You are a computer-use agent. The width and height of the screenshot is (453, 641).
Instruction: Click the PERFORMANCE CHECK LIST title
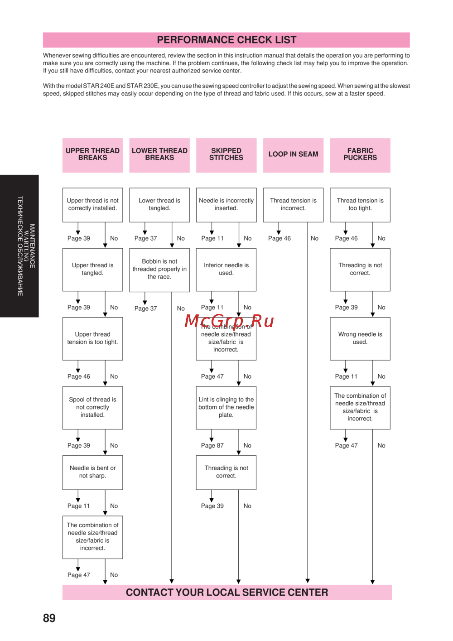tap(226, 40)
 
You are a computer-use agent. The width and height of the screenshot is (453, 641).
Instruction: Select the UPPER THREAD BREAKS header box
tap(92, 155)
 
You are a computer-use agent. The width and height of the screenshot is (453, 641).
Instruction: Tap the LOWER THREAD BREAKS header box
tap(159, 155)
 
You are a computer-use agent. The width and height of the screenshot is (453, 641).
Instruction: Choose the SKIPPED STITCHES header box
tap(226, 155)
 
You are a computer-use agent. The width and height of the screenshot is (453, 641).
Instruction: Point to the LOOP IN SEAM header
tap(293, 155)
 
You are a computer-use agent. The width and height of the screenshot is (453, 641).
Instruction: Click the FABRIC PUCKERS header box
tap(360, 155)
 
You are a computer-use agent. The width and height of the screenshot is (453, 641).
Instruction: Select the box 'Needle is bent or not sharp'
tap(92, 472)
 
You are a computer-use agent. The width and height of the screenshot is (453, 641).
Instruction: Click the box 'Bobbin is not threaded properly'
tap(159, 270)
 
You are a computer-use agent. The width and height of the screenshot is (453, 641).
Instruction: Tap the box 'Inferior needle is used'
tap(226, 270)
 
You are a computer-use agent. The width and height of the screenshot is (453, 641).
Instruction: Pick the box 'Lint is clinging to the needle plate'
tap(226, 407)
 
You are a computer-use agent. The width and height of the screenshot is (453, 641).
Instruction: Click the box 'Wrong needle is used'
tap(360, 338)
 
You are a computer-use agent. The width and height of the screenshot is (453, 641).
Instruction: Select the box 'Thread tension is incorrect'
tap(293, 205)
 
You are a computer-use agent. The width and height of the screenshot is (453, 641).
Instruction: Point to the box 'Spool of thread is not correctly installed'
tap(92, 407)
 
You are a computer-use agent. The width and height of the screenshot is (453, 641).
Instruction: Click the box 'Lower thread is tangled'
tap(159, 205)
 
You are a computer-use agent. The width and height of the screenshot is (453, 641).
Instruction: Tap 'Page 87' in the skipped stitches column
tap(212, 446)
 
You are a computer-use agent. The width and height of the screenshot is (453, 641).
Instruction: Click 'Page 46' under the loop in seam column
tap(280, 239)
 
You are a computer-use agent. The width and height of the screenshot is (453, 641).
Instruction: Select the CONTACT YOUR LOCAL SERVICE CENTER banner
tap(227, 593)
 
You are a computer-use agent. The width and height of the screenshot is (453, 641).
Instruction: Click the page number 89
tap(49, 618)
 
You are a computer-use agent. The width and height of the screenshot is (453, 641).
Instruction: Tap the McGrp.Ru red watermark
tap(229, 321)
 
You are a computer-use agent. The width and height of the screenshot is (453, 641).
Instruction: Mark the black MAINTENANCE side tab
tap(19, 246)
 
